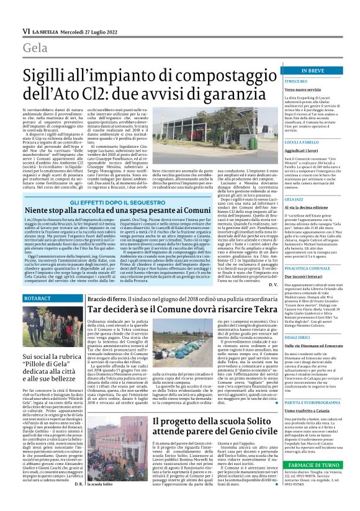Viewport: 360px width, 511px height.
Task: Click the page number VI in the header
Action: click(25, 30)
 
